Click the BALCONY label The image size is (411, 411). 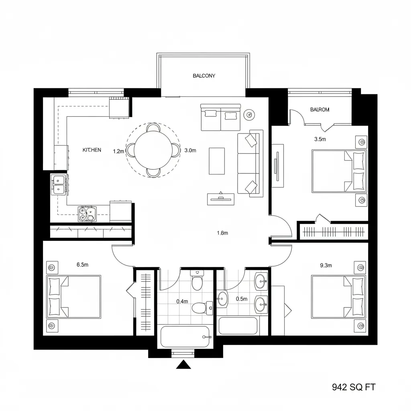(204, 76)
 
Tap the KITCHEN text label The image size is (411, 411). (92, 150)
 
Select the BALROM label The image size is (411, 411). (320, 110)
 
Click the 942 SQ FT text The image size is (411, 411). (354, 387)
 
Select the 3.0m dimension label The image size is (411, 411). (190, 151)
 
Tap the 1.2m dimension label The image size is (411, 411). (119, 151)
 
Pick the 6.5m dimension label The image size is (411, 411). (82, 265)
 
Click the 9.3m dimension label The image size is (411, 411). (326, 265)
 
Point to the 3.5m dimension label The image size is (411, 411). (320, 140)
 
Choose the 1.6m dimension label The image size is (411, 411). (222, 233)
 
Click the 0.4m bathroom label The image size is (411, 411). (182, 301)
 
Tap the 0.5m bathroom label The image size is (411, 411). (242, 299)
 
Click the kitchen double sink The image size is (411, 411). (58, 185)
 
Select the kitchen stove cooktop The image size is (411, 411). (87, 214)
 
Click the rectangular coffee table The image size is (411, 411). (217, 161)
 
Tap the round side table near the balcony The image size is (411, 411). (249, 115)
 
